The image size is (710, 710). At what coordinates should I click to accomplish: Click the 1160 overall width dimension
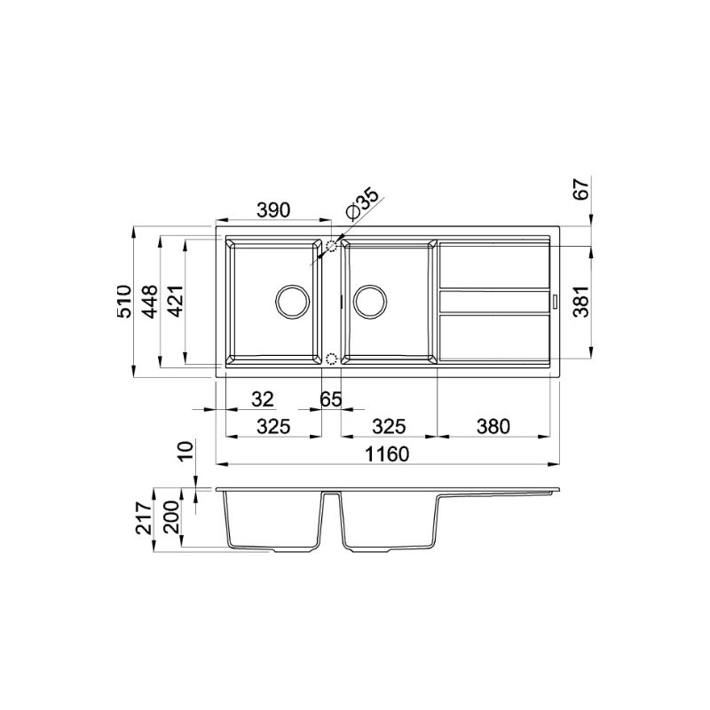[x=387, y=454]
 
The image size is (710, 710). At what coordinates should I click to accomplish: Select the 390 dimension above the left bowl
[x=273, y=210]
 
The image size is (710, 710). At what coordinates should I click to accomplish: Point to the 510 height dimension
[x=124, y=301]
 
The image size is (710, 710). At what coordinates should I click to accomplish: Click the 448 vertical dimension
[x=150, y=301]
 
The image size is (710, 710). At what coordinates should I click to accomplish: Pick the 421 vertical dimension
[x=177, y=301]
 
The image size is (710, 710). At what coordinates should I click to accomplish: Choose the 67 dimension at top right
[x=581, y=189]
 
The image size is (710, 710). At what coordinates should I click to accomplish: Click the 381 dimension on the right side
[x=581, y=302]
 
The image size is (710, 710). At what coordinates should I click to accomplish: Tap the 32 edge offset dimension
[x=263, y=399]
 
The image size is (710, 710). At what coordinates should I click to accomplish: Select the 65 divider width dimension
[x=330, y=399]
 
